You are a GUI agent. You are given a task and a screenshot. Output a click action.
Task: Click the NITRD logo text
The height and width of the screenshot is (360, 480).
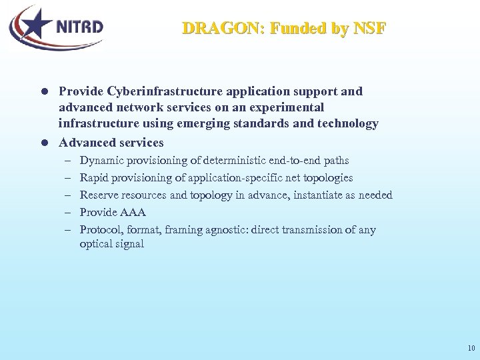coord(79,27)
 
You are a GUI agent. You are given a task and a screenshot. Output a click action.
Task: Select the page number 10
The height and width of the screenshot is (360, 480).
coord(471,348)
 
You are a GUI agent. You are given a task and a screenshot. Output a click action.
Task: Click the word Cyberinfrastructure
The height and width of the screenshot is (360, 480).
coord(174,91)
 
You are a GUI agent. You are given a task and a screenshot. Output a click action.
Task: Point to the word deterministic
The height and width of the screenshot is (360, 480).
coord(229,161)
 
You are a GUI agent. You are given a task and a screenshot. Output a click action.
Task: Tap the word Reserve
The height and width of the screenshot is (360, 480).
coord(97,195)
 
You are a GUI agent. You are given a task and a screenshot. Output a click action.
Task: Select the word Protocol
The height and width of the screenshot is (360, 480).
coord(101,230)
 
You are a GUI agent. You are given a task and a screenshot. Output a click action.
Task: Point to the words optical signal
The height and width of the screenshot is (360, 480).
coord(111,244)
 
